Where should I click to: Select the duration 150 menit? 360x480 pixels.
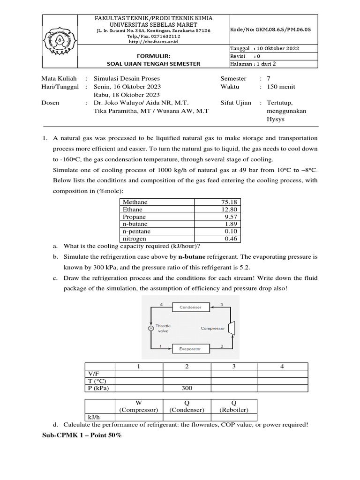tap(281, 87)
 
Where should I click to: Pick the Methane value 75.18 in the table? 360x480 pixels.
tap(230, 202)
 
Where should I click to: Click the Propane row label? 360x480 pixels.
tap(134, 217)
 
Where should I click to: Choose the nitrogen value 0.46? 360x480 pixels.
tap(232, 239)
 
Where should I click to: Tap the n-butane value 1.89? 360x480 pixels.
tap(232, 225)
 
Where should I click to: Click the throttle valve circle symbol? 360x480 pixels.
tap(151, 329)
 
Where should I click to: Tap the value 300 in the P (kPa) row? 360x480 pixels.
tap(187, 388)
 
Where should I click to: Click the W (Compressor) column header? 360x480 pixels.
tap(138, 406)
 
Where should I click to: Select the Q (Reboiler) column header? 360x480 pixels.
tap(234, 406)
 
